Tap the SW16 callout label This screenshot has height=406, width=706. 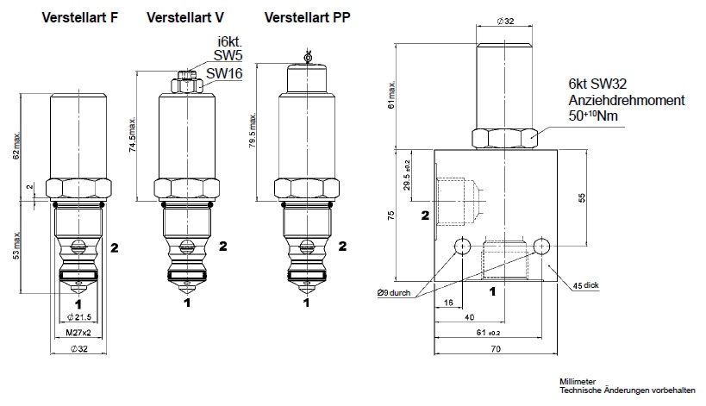click(x=223, y=74)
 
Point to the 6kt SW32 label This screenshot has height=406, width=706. click(x=597, y=84)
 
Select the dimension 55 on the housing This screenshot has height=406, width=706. click(x=583, y=197)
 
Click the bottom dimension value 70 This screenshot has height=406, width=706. click(x=495, y=350)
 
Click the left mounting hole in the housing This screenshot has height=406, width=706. click(x=462, y=246)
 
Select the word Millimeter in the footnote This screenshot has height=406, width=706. click(x=578, y=380)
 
